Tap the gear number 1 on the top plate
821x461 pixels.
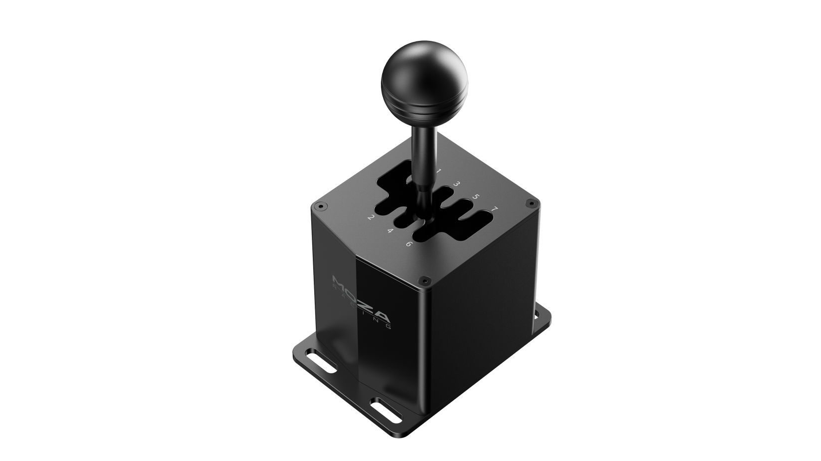[438, 171]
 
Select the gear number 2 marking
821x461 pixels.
[371, 218]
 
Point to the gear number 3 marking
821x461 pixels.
[456, 184]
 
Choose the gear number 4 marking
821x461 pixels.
[390, 231]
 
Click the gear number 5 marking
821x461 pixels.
[475, 196]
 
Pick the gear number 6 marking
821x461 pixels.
[409, 244]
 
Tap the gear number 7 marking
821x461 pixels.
[494, 209]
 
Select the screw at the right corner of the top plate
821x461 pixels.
[530, 203]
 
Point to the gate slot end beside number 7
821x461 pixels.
[481, 218]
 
